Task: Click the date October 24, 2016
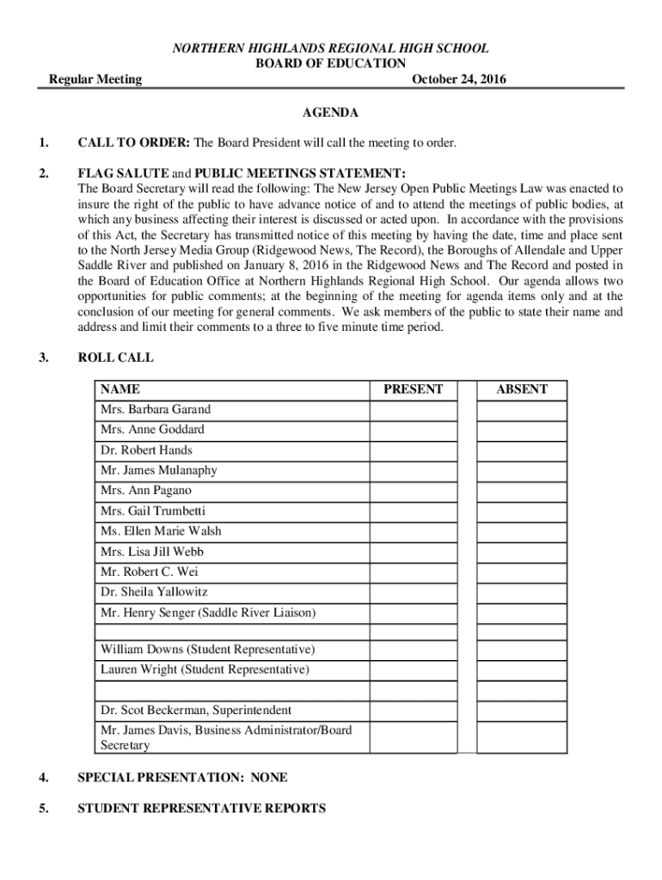tap(459, 80)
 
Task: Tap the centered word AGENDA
tap(330, 113)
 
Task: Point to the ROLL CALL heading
tap(115, 357)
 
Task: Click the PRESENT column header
tap(413, 389)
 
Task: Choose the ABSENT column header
tap(521, 389)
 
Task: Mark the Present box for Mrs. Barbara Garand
tap(413, 410)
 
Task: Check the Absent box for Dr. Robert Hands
tap(521, 450)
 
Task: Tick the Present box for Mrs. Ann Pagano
tap(413, 491)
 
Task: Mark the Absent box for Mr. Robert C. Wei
tap(521, 571)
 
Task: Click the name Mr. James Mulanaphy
tap(159, 470)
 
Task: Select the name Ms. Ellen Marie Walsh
tap(161, 531)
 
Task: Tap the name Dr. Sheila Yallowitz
tap(154, 592)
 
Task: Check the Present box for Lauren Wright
tap(413, 669)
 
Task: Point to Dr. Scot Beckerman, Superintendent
tap(196, 711)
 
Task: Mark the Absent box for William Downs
tap(521, 649)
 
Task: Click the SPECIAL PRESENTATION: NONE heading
tap(182, 778)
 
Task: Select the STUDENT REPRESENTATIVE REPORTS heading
tap(201, 809)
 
